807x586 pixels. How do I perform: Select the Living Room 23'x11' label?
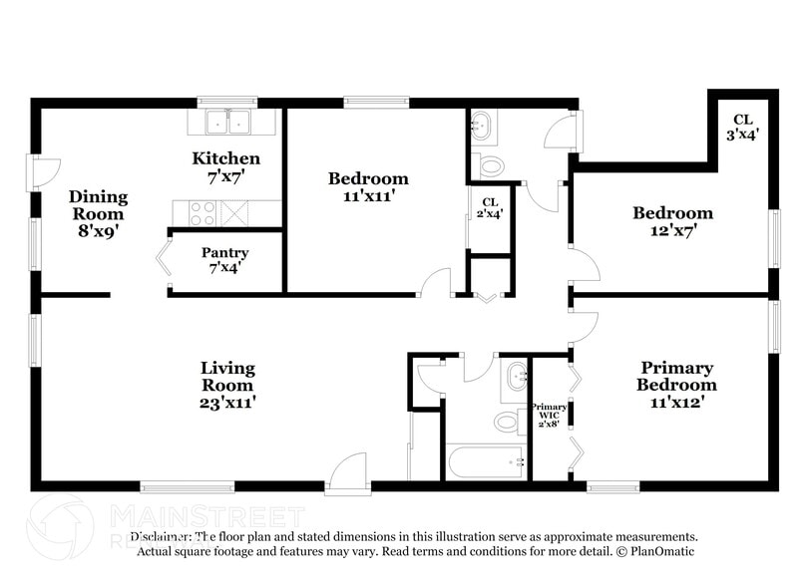[227, 385]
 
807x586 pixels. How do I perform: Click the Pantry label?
[224, 260]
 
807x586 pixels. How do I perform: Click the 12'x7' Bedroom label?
[672, 221]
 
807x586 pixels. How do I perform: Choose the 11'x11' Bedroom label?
[368, 187]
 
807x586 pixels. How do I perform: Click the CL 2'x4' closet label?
[490, 206]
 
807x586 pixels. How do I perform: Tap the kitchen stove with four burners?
[202, 212]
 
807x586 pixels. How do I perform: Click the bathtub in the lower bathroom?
[486, 461]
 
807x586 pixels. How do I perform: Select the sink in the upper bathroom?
[483, 125]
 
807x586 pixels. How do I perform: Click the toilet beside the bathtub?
[508, 422]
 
